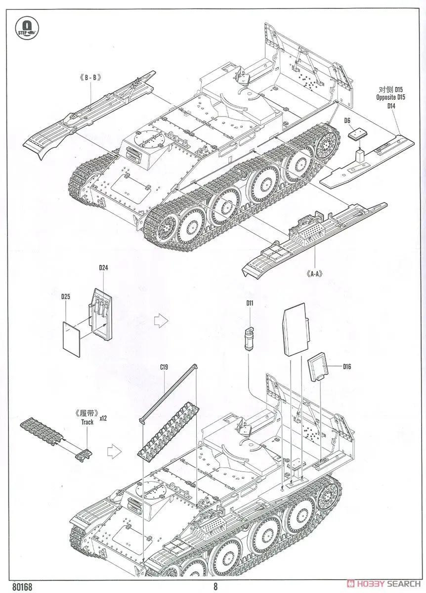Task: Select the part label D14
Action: pos(391,106)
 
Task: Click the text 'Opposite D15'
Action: pos(390,98)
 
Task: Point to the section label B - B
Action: pos(90,77)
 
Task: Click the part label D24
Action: pos(103,268)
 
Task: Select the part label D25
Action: pos(66,297)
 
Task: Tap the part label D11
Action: pos(250,302)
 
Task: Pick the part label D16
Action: pos(346,367)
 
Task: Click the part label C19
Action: pos(164,367)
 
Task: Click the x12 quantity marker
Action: pos(103,418)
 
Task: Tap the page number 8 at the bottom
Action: pos(215,587)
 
